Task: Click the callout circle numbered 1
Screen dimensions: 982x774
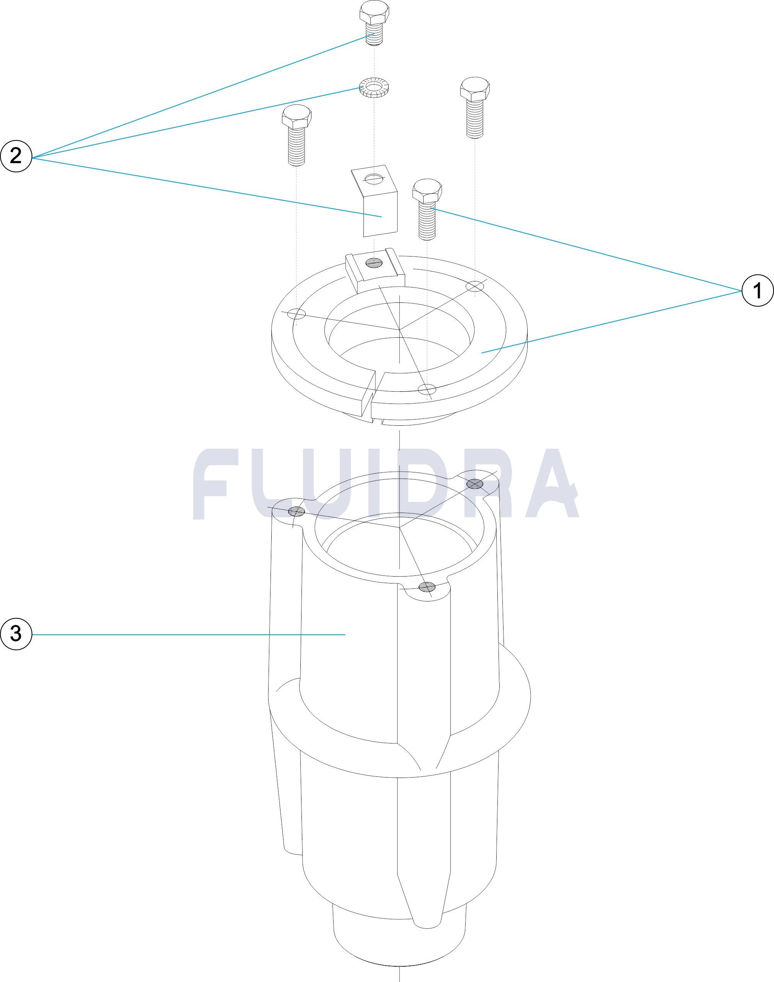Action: coord(757,291)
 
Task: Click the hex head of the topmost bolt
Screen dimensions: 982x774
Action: coord(373,14)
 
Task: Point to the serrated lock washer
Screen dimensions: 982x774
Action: coord(376,87)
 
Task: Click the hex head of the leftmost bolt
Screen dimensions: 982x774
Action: coord(297,118)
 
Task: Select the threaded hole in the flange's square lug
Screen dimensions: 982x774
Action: coord(375,261)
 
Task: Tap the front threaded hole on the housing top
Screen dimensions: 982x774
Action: coord(426,587)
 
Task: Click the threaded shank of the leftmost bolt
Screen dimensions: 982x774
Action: coord(297,146)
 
